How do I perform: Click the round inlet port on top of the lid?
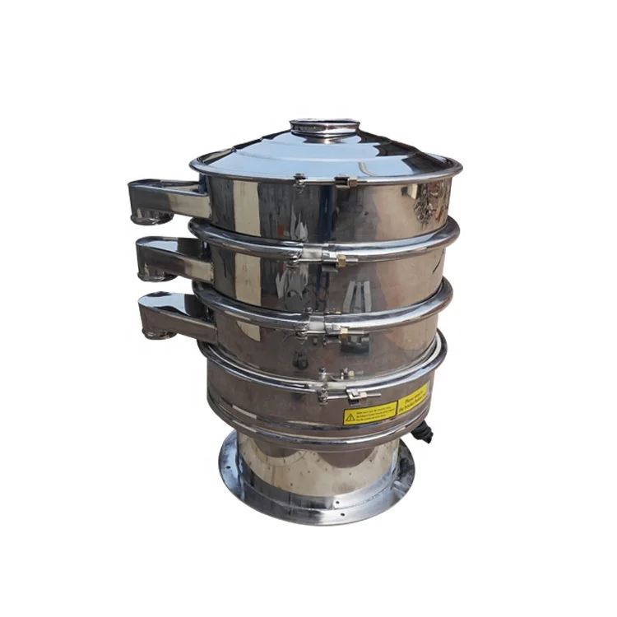324,126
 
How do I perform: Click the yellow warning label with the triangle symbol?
370,412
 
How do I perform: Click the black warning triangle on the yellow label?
350,417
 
